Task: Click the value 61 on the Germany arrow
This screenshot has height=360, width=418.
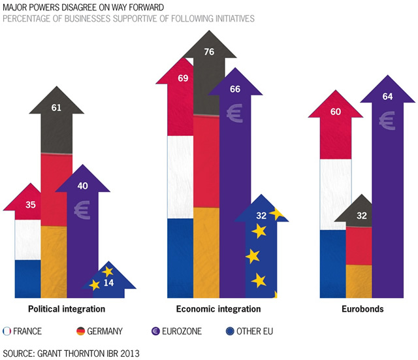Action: pyautogui.click(x=56, y=107)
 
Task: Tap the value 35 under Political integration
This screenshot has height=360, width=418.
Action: pyautogui.click(x=31, y=205)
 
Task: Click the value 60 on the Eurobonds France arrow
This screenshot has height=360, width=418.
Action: pyautogui.click(x=336, y=112)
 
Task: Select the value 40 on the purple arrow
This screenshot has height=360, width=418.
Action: pyautogui.click(x=82, y=186)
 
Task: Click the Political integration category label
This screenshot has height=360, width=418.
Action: pyautogui.click(x=68, y=308)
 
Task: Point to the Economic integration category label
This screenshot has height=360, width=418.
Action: pyautogui.click(x=218, y=308)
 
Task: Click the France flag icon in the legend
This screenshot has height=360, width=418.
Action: pyautogui.click(x=7, y=331)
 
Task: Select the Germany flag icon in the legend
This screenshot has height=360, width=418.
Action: pyautogui.click(x=82, y=331)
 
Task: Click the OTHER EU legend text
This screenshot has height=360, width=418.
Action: pyautogui.click(x=253, y=332)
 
